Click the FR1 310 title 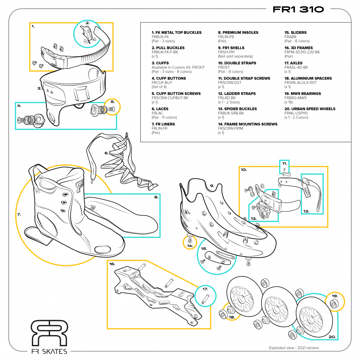click(298, 10)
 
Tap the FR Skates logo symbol click(49, 333)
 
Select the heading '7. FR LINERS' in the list click(163, 124)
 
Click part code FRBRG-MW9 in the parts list click(295, 98)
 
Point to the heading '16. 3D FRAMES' click(298, 48)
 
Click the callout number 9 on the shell click(212, 186)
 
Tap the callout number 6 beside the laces click(106, 153)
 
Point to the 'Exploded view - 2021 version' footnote click(294, 348)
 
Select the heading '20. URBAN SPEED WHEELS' click(310, 109)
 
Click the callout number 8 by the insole click(156, 197)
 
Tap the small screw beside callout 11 click(284, 169)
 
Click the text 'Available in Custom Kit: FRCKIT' click(178, 67)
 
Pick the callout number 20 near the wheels click(332, 337)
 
